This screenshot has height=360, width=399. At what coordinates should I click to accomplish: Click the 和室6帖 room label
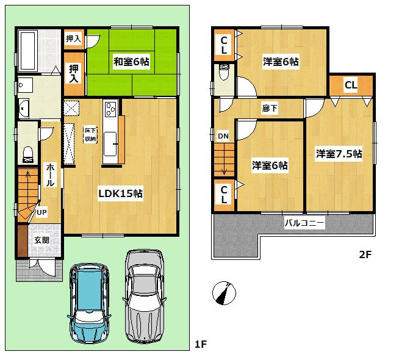(131, 61)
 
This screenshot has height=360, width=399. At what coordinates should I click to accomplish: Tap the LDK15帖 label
(121, 193)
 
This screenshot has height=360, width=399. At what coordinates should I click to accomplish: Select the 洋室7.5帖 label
(339, 154)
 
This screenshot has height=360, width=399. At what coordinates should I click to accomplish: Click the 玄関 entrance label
(42, 240)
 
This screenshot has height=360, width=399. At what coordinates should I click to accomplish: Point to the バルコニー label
(304, 223)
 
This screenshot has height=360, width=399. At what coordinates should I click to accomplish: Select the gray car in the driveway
(145, 290)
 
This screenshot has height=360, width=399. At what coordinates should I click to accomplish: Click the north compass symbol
(224, 293)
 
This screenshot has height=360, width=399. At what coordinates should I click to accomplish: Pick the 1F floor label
(201, 345)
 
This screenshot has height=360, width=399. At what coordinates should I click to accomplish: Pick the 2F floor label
(364, 256)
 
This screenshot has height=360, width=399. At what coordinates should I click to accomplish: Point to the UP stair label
(41, 212)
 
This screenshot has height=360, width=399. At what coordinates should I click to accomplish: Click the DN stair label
(223, 136)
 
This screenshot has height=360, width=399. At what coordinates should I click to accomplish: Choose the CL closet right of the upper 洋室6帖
(350, 85)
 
